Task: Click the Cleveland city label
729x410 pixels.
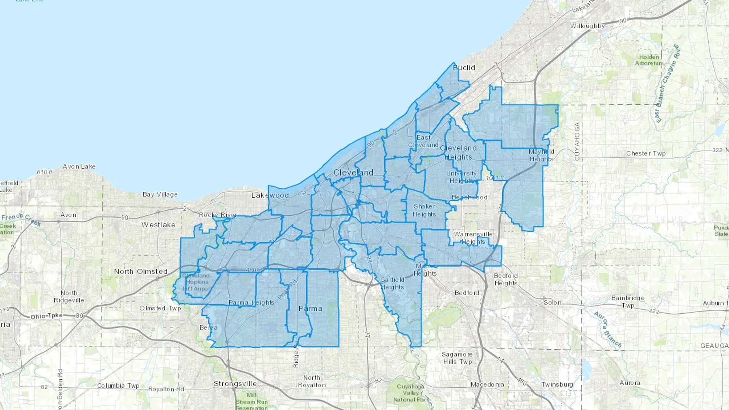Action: click(x=353, y=172)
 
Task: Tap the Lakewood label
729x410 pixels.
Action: click(x=270, y=195)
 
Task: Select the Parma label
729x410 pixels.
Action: click(x=310, y=308)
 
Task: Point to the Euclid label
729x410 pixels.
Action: click(x=464, y=68)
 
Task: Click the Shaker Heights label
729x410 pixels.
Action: click(x=424, y=210)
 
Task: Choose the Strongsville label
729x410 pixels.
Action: click(x=235, y=384)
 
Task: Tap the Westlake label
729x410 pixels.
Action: click(x=158, y=225)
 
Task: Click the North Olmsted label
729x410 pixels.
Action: click(x=141, y=272)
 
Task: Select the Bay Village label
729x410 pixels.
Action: click(x=160, y=194)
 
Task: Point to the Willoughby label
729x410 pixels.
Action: click(x=587, y=26)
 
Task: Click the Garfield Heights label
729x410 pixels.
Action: click(x=392, y=283)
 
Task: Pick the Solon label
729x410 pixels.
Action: click(x=552, y=302)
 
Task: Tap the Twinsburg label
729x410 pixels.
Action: click(x=557, y=385)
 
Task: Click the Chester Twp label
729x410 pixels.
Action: click(x=646, y=153)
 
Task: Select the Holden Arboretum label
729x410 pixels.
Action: click(x=649, y=60)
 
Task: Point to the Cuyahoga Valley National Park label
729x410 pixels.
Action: click(x=411, y=393)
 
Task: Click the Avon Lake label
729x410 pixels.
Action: click(x=79, y=166)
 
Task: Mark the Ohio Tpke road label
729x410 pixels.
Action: click(x=47, y=316)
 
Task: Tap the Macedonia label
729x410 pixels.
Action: click(x=487, y=385)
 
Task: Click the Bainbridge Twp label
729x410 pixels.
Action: click(x=627, y=302)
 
